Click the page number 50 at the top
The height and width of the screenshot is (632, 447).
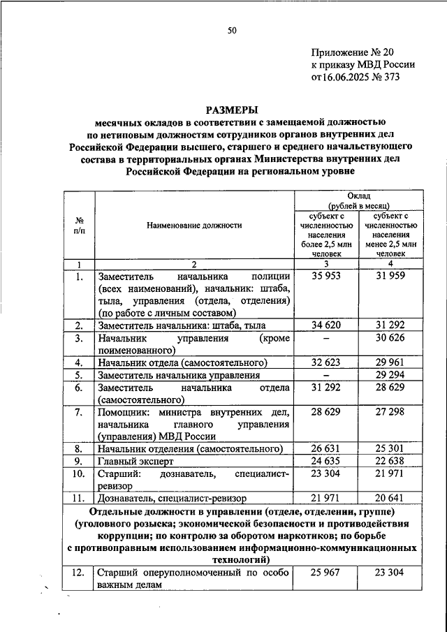coord(232,29)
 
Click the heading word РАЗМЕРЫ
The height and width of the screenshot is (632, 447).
coord(231,109)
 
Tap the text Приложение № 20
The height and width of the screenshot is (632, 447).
coord(354,52)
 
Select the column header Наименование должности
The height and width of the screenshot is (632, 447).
coord(195,226)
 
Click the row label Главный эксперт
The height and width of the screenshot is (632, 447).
coord(135,462)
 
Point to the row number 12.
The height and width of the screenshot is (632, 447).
coord(79,573)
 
